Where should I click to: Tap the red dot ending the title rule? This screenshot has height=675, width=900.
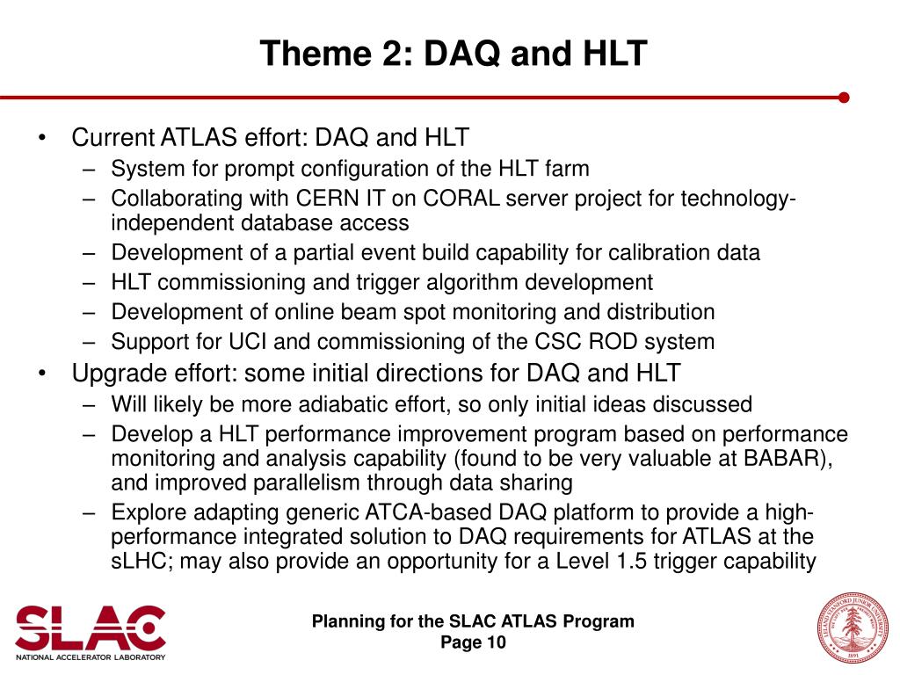(843, 98)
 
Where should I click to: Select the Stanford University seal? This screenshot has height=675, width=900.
(853, 628)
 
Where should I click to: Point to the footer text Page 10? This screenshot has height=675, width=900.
(473, 642)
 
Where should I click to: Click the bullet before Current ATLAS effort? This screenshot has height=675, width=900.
(42, 138)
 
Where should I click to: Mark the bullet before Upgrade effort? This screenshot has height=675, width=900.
(42, 373)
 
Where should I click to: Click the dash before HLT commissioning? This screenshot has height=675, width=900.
(89, 283)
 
